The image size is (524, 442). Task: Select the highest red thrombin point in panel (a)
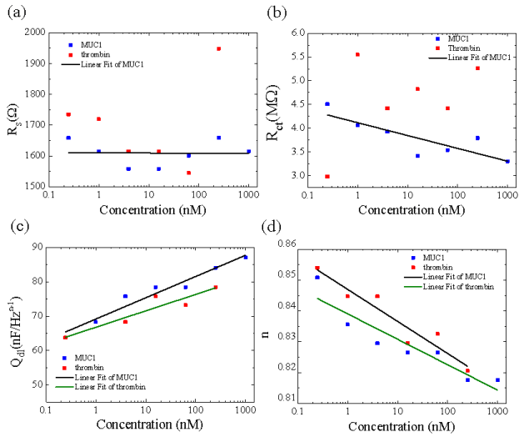point(218,48)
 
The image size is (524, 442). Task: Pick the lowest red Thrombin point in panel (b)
point(327,176)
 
